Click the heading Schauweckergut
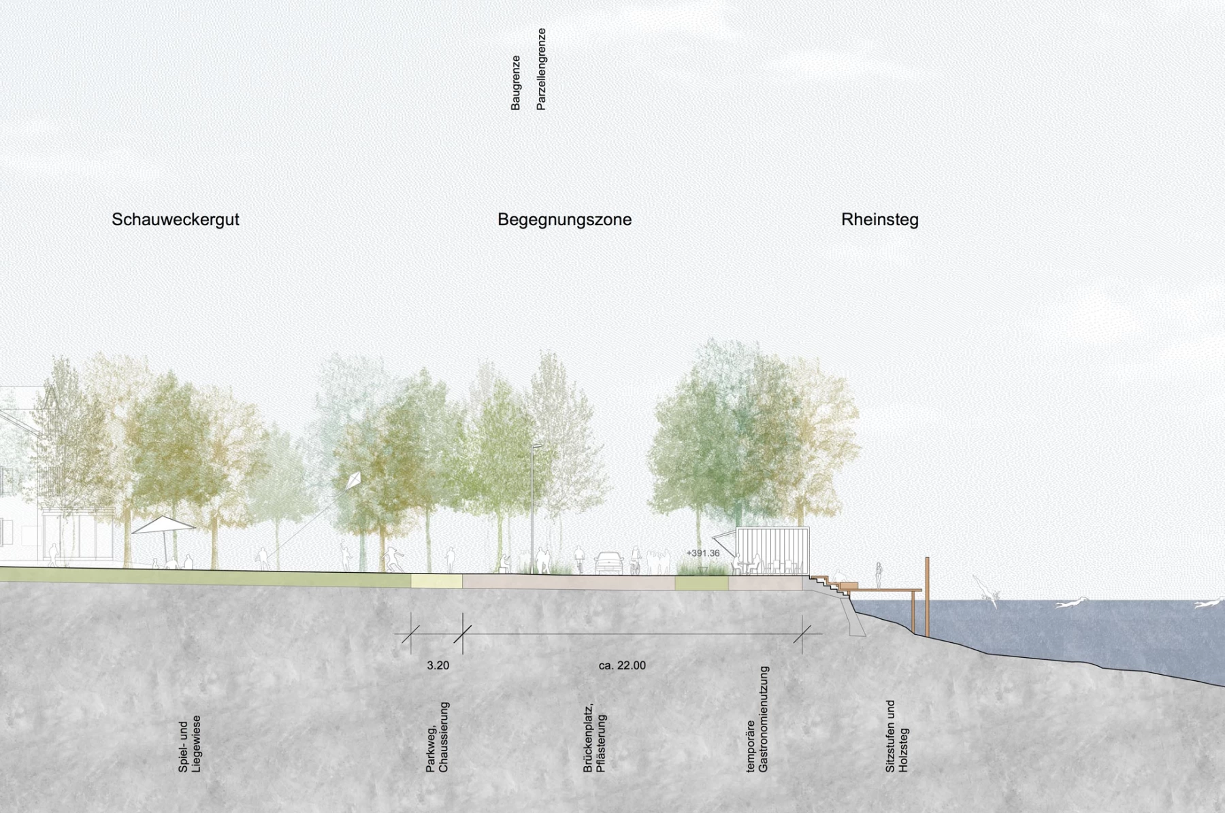tap(176, 220)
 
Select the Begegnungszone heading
tap(564, 220)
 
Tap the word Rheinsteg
tap(880, 220)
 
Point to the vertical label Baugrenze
tap(515, 83)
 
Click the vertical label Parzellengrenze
tap(541, 69)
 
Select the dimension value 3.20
tap(438, 665)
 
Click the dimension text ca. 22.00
tap(622, 665)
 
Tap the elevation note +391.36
tap(703, 553)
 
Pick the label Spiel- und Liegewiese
tap(190, 744)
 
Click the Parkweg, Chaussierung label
tap(438, 737)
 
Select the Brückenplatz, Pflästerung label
tap(594, 737)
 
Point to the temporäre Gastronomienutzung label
tap(757, 719)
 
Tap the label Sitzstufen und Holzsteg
tap(897, 737)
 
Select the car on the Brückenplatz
tap(609, 563)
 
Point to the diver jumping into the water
tap(986, 591)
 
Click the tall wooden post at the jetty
tap(927, 597)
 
